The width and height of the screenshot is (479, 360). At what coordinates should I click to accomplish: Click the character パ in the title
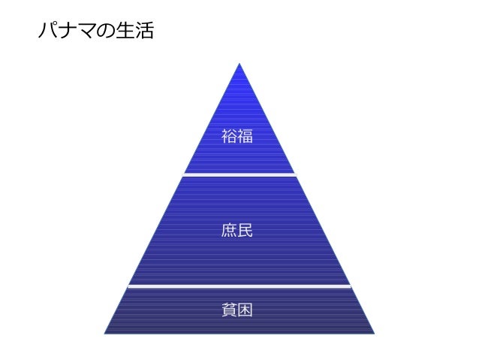coord(47,32)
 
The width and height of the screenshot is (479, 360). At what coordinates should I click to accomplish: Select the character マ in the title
coord(84,32)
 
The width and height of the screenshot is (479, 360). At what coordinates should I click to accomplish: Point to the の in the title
coord(103,32)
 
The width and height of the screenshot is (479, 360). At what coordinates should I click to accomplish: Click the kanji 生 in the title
coord(122,32)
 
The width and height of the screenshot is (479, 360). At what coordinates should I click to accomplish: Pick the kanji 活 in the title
coord(143,32)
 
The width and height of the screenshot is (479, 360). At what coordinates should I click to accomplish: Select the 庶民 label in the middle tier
coord(237,230)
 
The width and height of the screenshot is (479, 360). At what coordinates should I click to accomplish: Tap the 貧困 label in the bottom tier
coord(237,309)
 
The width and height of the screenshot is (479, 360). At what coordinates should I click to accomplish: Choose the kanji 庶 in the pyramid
coord(229,230)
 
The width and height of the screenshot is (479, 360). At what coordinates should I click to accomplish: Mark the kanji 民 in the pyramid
coord(246,230)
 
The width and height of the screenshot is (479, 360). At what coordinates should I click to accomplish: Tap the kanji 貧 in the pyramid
coord(229,309)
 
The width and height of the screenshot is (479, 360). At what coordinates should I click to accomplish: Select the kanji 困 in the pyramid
coord(246,309)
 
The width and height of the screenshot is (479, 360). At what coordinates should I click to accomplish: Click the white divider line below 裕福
coord(239,174)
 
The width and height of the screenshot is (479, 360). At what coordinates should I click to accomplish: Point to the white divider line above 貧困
coord(239,286)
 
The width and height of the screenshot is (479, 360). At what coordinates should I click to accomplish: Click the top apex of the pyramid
coord(239,64)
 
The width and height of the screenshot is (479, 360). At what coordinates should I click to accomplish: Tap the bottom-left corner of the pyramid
coord(105,331)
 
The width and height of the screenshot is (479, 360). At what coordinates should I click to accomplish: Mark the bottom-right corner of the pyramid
coord(373,331)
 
